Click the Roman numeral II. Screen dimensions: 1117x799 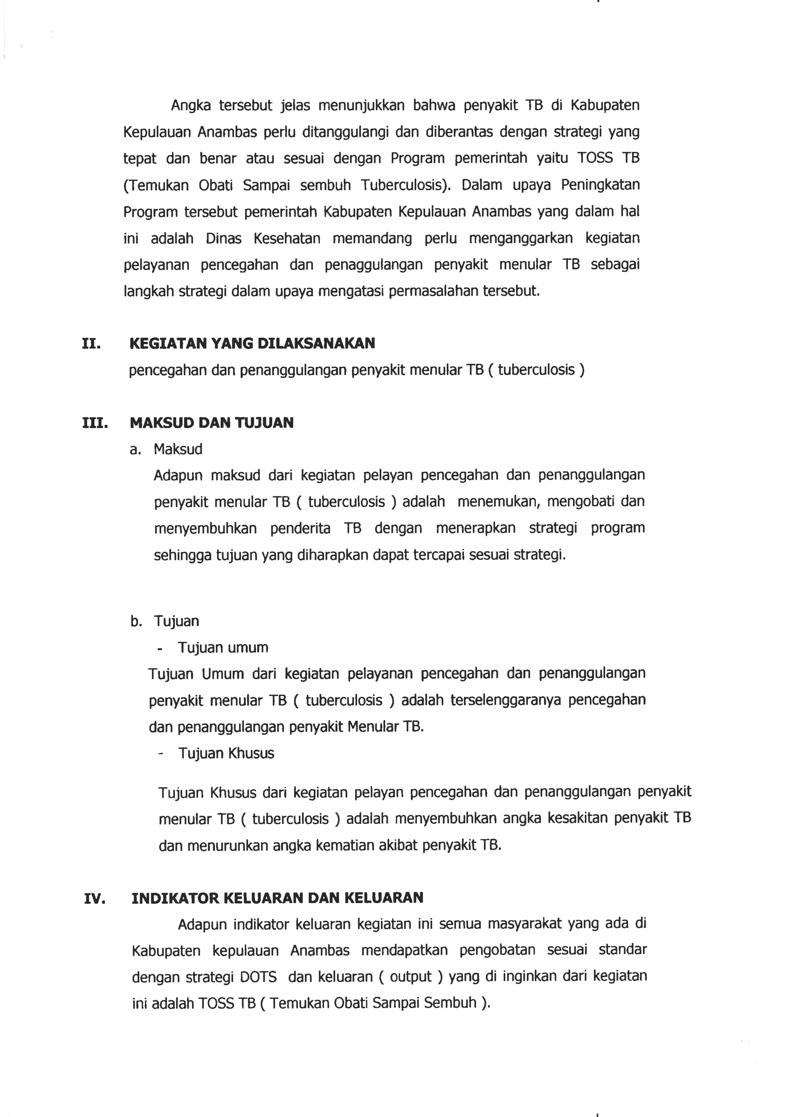[92, 343]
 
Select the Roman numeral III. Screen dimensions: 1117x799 [95, 423]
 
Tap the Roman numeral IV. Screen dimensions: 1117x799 [94, 899]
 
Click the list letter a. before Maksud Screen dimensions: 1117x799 [135, 450]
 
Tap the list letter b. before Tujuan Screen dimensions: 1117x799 [136, 621]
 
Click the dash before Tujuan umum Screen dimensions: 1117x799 [160, 649]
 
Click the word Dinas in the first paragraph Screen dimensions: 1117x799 [224, 238]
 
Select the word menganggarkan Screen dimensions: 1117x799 [520, 238]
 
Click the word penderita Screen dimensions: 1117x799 [300, 528]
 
